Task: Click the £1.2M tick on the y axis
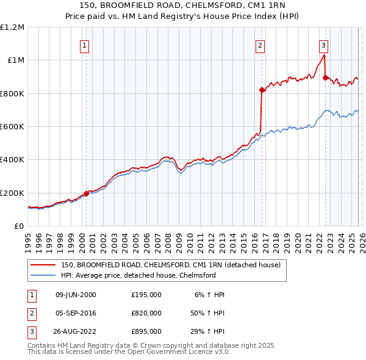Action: pyautogui.click(x=12, y=27)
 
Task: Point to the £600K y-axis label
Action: pyautogui.click(x=12, y=126)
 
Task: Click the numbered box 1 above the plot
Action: pyautogui.click(x=84, y=45)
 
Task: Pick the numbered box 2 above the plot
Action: pyautogui.click(x=260, y=45)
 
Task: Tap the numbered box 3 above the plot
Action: pyautogui.click(x=323, y=45)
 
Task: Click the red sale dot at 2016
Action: pyautogui.click(x=262, y=90)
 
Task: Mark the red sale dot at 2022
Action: pyautogui.click(x=325, y=77)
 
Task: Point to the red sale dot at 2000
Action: pyautogui.click(x=86, y=193)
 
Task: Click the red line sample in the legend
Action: pyautogui.click(x=43, y=265)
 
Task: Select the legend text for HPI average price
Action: pyautogui.click(x=138, y=275)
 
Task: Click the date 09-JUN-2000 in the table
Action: pyautogui.click(x=76, y=295)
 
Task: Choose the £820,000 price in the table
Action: pyautogui.click(x=146, y=313)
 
